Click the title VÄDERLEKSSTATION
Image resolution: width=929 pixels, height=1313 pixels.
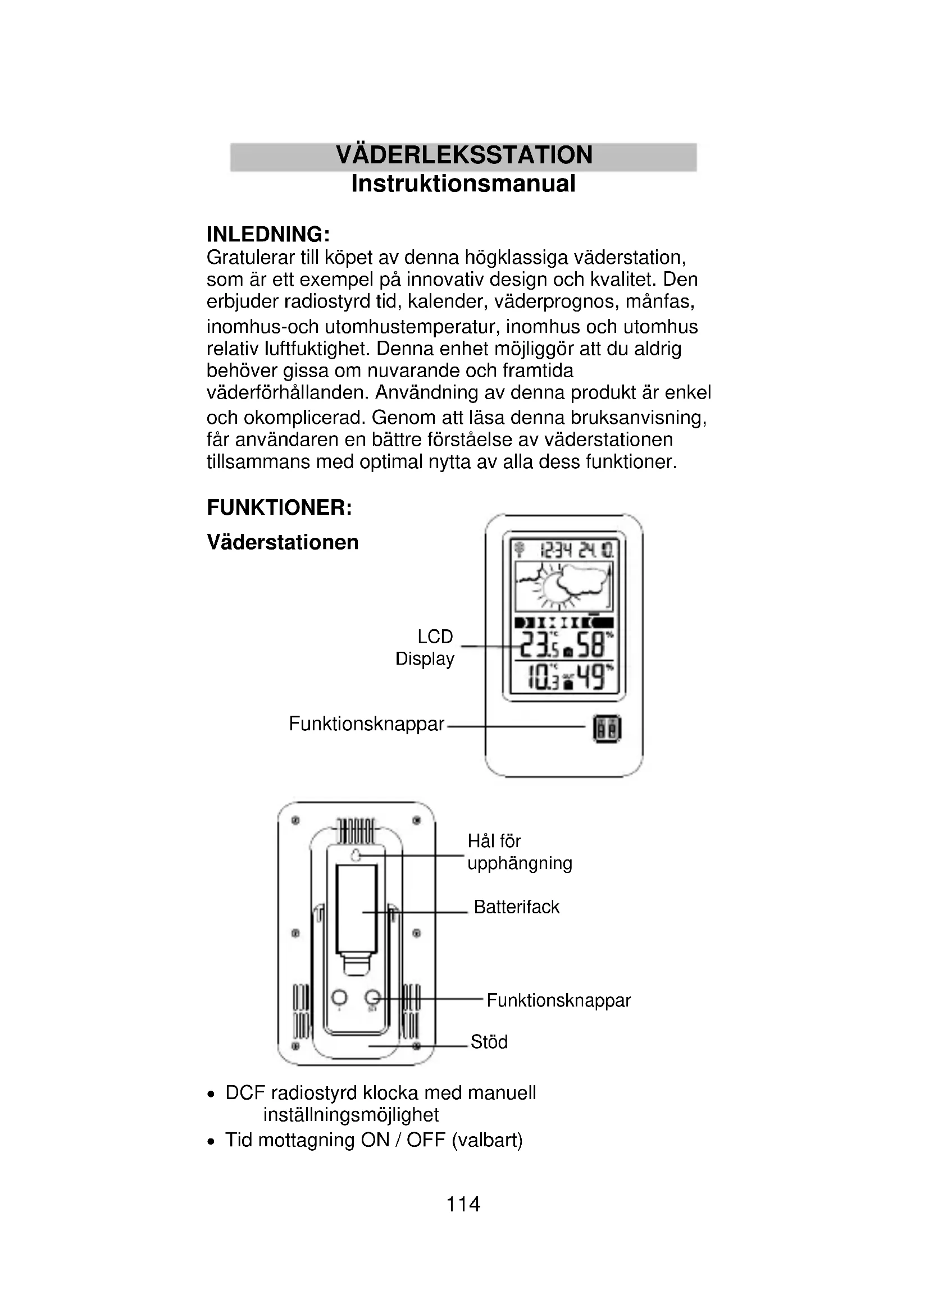(464, 155)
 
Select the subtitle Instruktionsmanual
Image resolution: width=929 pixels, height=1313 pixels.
(463, 184)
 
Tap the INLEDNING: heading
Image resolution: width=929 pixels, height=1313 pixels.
(268, 235)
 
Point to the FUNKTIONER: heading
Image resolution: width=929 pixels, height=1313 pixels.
(279, 507)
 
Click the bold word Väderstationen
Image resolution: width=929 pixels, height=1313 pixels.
(283, 542)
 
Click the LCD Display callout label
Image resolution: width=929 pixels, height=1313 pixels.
(426, 647)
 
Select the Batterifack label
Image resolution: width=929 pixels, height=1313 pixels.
(517, 907)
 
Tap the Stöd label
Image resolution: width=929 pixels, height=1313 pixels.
(489, 1042)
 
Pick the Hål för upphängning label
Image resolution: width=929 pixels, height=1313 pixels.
(519, 852)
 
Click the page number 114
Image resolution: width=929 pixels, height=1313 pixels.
(463, 1204)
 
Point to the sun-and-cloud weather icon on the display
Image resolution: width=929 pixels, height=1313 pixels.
(563, 587)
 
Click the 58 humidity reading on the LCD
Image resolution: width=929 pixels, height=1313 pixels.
(590, 646)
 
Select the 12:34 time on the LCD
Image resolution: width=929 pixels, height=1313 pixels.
(556, 551)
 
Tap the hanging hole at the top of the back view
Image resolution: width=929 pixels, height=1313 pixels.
(356, 855)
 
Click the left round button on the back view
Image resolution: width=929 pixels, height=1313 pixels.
(339, 998)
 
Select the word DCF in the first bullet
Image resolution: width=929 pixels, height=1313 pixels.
(245, 1093)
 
